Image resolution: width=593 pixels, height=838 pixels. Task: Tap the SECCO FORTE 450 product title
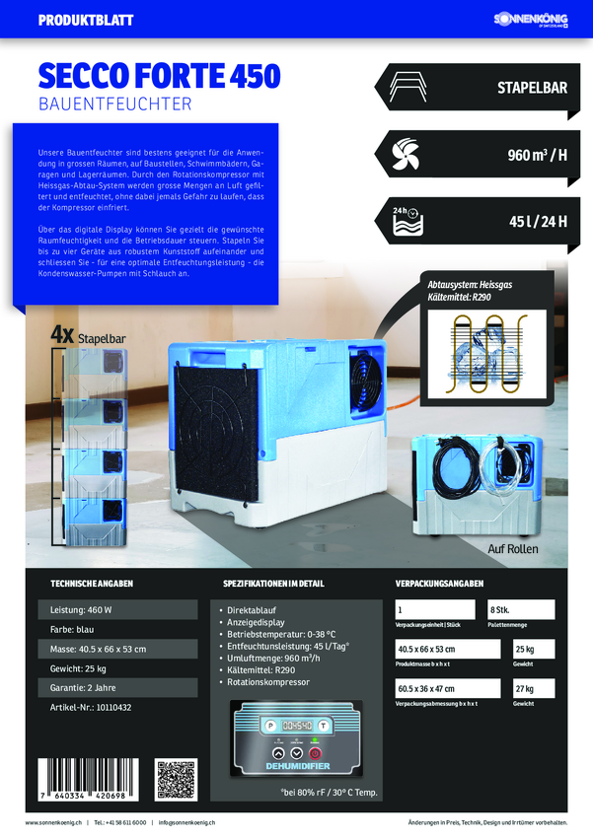pyautogui.click(x=159, y=76)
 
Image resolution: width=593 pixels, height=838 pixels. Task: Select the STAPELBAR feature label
pyautogui.click(x=532, y=88)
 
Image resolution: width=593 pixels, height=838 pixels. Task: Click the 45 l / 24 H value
pyautogui.click(x=538, y=222)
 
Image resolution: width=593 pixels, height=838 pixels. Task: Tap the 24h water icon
pyautogui.click(x=406, y=222)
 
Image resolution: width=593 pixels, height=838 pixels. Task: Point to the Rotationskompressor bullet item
pyautogui.click(x=268, y=681)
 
